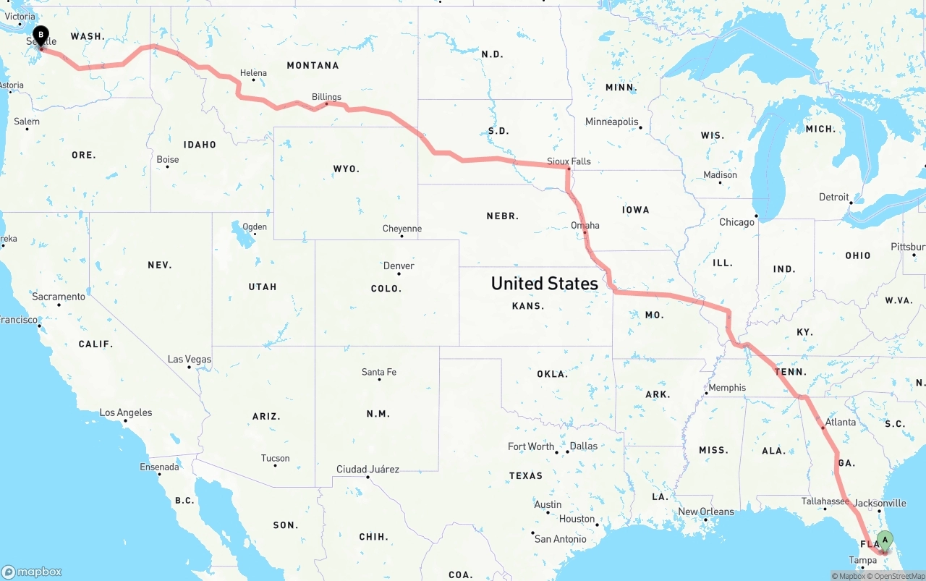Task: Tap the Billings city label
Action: tap(326, 96)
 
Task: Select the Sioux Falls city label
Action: tap(569, 161)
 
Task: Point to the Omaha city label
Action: tap(585, 225)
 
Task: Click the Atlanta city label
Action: tap(840, 422)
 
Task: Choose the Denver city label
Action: tap(399, 266)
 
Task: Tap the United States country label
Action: tap(544, 283)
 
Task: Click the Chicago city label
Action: tap(736, 222)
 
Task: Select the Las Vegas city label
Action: tap(190, 359)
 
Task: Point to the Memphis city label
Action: tap(727, 387)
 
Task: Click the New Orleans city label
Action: tap(705, 512)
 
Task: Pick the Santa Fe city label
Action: tap(379, 372)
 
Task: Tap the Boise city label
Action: tap(168, 159)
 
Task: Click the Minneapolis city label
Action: tap(612, 122)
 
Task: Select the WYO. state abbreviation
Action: tap(347, 169)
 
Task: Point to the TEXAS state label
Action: tap(526, 475)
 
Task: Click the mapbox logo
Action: tap(32, 572)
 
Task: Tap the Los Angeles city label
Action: tap(126, 412)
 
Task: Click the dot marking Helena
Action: tap(253, 80)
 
